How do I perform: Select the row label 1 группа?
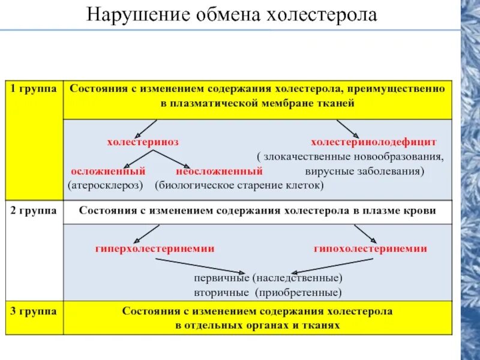[33, 88]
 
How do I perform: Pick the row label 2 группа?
[33, 211]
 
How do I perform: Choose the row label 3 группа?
[33, 311]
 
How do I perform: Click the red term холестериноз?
[143, 142]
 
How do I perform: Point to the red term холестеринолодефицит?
[374, 142]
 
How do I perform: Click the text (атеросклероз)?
[106, 185]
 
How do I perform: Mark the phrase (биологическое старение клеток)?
[239, 185]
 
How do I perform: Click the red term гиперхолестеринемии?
[155, 248]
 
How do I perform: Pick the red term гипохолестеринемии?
[370, 248]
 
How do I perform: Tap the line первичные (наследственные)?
[268, 279]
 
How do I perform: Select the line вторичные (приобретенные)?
[268, 293]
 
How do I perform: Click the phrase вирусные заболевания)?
[361, 171]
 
